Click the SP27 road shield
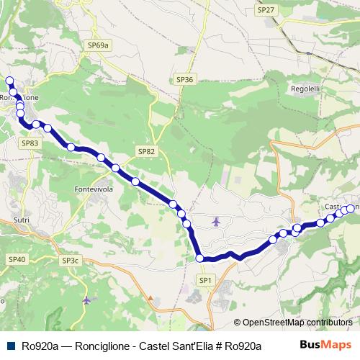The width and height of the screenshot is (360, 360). (x=266, y=10)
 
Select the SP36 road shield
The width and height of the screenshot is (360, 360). (x=184, y=79)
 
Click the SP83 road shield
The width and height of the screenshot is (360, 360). (x=30, y=143)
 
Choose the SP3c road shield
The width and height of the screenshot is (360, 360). (x=71, y=260)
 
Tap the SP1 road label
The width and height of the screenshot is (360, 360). (x=205, y=279)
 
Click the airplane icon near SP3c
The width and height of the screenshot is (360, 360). (x=87, y=300)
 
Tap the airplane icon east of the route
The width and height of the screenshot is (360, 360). (x=217, y=221)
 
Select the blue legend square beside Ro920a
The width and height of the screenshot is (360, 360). (x=11, y=346)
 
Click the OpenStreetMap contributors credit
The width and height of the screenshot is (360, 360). (x=298, y=323)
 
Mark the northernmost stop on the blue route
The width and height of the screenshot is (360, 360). (x=9, y=81)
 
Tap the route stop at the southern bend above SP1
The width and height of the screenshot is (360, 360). (x=199, y=258)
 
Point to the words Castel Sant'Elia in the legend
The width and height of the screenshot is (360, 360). (x=174, y=346)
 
